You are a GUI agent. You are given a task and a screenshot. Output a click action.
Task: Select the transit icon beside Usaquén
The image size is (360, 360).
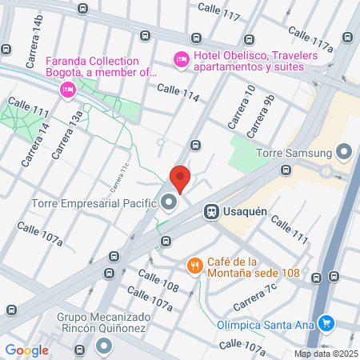click(x=211, y=211)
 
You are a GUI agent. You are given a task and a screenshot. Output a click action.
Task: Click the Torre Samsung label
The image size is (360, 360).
click(x=293, y=152)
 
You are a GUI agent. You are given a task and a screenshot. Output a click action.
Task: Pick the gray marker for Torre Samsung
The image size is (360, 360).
click(x=345, y=151)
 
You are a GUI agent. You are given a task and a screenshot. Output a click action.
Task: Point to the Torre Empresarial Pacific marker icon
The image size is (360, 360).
click(x=169, y=203)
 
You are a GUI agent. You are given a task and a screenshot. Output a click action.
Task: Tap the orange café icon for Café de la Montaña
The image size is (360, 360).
click(x=194, y=265)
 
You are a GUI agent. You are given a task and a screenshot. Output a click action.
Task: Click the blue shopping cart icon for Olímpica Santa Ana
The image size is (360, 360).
click(x=326, y=323)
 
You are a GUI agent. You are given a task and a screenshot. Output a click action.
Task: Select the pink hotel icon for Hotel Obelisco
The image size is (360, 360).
click(x=181, y=58)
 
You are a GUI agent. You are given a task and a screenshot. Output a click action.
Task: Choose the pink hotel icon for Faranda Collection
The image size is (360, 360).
click(x=68, y=90)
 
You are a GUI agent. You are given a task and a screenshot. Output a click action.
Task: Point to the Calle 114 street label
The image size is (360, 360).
click(x=178, y=92)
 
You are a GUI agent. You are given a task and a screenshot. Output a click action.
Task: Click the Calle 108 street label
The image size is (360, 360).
click(x=158, y=279)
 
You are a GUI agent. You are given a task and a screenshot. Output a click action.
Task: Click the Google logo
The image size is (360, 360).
click(x=26, y=350)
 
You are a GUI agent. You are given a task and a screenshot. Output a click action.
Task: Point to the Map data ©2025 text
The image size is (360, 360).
click(x=325, y=354)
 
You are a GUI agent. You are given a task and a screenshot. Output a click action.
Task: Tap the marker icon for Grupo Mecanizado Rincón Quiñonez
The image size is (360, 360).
click(x=104, y=346)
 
